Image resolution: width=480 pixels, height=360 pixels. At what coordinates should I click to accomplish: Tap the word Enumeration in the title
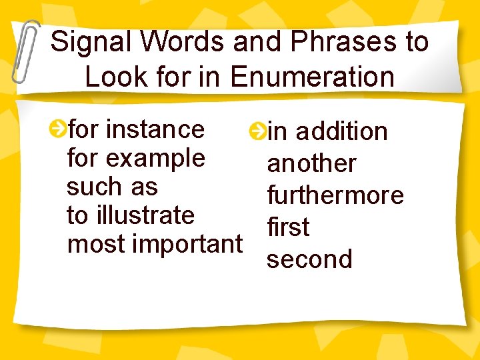click(x=312, y=77)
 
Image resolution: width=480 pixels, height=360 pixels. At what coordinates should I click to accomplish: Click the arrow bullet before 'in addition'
click(x=256, y=131)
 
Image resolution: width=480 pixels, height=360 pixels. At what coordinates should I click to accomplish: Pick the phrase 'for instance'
click(x=136, y=128)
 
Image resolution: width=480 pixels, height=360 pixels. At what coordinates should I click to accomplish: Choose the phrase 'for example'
click(x=136, y=158)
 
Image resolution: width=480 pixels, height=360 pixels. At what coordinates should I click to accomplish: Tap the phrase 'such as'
click(x=112, y=187)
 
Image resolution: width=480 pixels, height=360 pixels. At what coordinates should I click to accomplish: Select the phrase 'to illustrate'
click(x=131, y=215)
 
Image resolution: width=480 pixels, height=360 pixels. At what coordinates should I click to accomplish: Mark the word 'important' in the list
click(x=188, y=245)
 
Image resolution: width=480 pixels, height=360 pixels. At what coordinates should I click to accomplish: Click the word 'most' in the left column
click(x=97, y=245)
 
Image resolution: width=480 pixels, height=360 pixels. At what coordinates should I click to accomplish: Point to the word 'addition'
click(x=341, y=131)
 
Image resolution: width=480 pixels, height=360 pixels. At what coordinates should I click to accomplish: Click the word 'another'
click(x=311, y=163)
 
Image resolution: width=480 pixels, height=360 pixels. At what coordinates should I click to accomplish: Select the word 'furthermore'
click(x=335, y=195)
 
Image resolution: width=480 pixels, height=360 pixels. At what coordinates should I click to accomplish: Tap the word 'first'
click(x=288, y=227)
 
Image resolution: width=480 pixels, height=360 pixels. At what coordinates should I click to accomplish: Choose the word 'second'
click(x=309, y=259)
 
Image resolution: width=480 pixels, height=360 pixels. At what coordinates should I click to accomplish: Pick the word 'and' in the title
click(x=257, y=42)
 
